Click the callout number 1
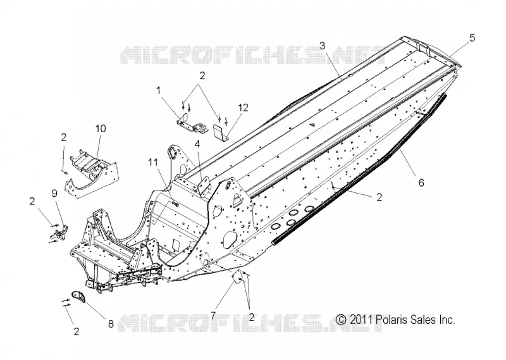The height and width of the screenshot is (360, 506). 159,90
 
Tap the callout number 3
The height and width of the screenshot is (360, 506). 323,46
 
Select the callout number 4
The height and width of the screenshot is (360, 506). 197,144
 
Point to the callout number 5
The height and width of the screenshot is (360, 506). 472,38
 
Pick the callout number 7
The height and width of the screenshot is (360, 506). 213,315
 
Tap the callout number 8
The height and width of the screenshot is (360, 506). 111,324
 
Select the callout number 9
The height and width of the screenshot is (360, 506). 54,193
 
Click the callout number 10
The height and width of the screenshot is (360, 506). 101,128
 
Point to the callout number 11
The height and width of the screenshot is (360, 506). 154,163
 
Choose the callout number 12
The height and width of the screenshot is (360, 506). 244,108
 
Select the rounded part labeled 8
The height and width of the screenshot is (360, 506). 78,296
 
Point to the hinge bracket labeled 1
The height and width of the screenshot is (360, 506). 191,124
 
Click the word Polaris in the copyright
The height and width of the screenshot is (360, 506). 392,320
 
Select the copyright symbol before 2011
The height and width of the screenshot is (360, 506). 341,320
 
